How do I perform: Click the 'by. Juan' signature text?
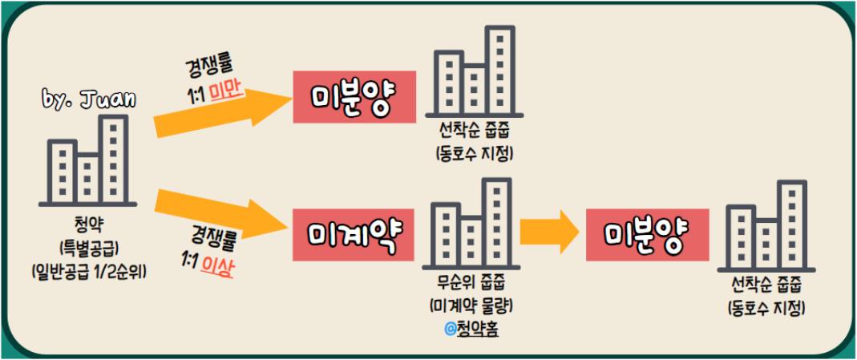(x=89, y=99)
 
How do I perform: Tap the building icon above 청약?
(x=88, y=161)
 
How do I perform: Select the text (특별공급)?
(x=88, y=245)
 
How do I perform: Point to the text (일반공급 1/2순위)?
(x=88, y=268)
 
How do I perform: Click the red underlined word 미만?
(x=226, y=93)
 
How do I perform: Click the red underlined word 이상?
(x=218, y=269)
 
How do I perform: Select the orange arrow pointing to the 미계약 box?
(x=220, y=215)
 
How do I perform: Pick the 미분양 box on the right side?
(x=648, y=233)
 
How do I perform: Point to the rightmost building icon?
(x=766, y=226)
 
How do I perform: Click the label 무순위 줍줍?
(x=471, y=285)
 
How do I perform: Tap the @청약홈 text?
(x=471, y=328)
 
